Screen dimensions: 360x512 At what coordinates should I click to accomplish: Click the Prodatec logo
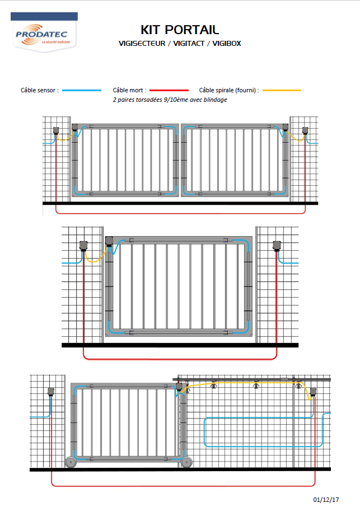coord(44,32)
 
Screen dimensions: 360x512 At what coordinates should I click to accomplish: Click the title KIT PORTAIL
coord(180,30)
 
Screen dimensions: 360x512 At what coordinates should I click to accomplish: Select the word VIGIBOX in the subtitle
coord(227,44)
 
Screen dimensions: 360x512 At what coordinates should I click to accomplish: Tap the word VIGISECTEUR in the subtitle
coord(142,44)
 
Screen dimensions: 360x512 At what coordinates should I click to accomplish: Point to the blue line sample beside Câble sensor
coord(82,91)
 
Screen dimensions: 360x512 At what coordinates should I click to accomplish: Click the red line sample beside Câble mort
coord(169,91)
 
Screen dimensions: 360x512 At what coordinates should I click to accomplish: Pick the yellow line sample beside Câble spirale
coord(282,91)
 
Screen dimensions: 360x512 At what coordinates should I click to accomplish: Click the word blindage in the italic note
coord(216,100)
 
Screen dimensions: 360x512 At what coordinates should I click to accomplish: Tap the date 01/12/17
coord(326,500)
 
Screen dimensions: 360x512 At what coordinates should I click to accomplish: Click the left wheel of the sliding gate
coord(70,462)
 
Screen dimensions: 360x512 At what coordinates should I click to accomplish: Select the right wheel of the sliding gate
coord(186,462)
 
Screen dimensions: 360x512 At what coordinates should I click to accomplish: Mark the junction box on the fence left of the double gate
coord(56,130)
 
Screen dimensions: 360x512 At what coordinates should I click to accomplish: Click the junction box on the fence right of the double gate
coord(305,130)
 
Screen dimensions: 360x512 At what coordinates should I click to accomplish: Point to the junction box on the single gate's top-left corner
coord(109,242)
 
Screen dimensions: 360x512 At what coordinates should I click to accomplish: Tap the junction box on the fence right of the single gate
coord(277,246)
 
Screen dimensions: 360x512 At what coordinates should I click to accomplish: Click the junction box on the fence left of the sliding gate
coord(51,392)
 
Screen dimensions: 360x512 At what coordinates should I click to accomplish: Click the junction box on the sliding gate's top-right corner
coord(179,387)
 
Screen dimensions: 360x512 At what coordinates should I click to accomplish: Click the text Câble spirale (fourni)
coord(227,91)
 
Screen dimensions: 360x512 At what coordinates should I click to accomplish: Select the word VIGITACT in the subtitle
coord(189,44)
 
